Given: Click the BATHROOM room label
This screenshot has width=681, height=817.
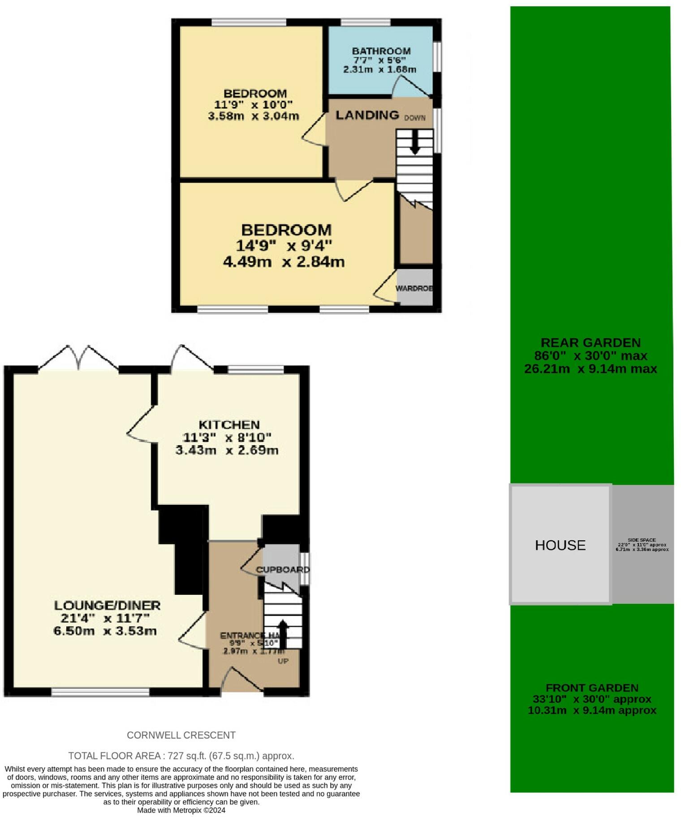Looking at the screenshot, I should [x=381, y=51].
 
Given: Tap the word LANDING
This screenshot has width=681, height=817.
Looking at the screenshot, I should [x=367, y=115].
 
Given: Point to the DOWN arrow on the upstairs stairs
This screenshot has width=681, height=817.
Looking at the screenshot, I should [x=415, y=142].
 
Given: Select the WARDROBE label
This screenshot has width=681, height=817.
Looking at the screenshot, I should [x=414, y=288].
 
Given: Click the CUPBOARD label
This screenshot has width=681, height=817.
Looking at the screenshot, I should [x=283, y=569].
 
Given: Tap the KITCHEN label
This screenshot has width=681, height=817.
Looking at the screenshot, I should [x=229, y=425].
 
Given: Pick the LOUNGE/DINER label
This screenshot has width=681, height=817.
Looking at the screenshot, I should [x=107, y=605].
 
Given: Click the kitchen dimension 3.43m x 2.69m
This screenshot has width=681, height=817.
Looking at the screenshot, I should [x=227, y=450].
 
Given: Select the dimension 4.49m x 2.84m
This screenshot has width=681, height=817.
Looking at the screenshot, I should [x=284, y=262].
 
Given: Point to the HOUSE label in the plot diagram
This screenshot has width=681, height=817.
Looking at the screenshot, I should [x=560, y=545].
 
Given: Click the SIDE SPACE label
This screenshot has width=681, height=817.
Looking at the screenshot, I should [x=642, y=540].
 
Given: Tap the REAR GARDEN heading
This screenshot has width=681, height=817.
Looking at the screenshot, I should [x=590, y=343].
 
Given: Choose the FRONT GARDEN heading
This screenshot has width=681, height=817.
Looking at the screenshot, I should [x=592, y=688].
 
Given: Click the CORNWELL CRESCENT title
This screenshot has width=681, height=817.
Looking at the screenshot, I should [x=181, y=735].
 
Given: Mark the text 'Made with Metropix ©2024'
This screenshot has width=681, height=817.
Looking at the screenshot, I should [x=181, y=810].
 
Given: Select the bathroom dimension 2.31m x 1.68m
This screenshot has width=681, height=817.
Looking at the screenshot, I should [x=379, y=69].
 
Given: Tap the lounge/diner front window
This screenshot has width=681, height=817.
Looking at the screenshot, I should [x=100, y=692].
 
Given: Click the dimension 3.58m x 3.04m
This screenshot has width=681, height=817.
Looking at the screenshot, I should [x=253, y=116].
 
